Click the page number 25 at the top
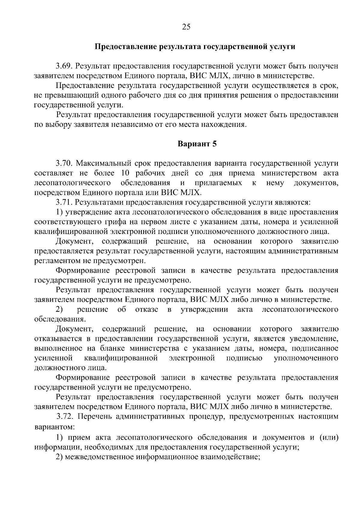point(186,27)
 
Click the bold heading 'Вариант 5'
point(197,144)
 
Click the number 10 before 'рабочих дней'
point(126,173)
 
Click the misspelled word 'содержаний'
point(124,329)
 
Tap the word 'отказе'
point(147,310)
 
